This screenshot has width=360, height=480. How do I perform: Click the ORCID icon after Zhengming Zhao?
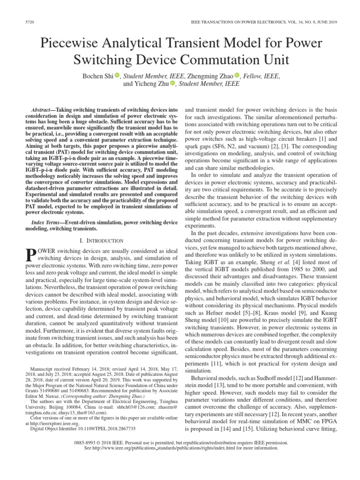coord(237,75)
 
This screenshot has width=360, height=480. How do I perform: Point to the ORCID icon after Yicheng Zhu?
coord(172,84)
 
